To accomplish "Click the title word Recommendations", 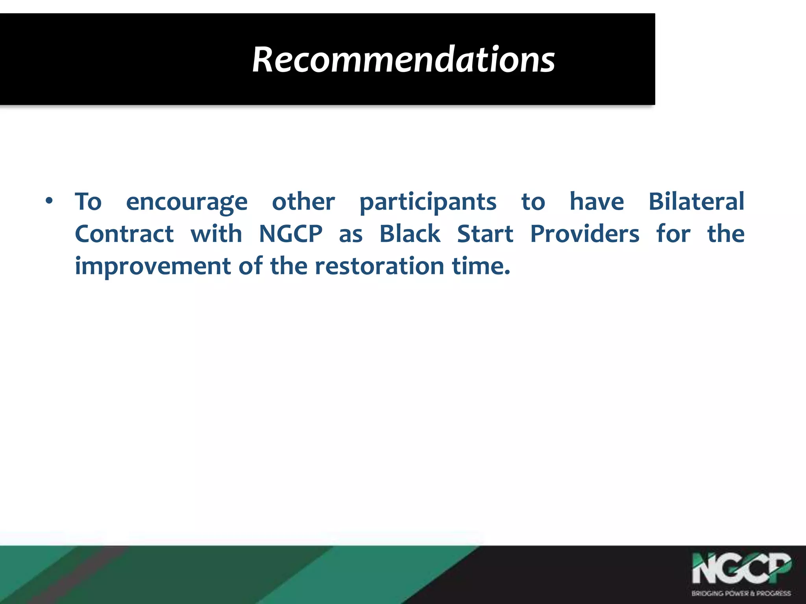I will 403,60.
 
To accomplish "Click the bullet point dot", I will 49,201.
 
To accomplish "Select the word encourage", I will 187,203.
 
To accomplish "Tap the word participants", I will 428,203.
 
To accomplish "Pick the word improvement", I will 153,267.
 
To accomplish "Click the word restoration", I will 380,266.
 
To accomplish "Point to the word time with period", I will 481,266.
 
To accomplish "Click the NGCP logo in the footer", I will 741,569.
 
